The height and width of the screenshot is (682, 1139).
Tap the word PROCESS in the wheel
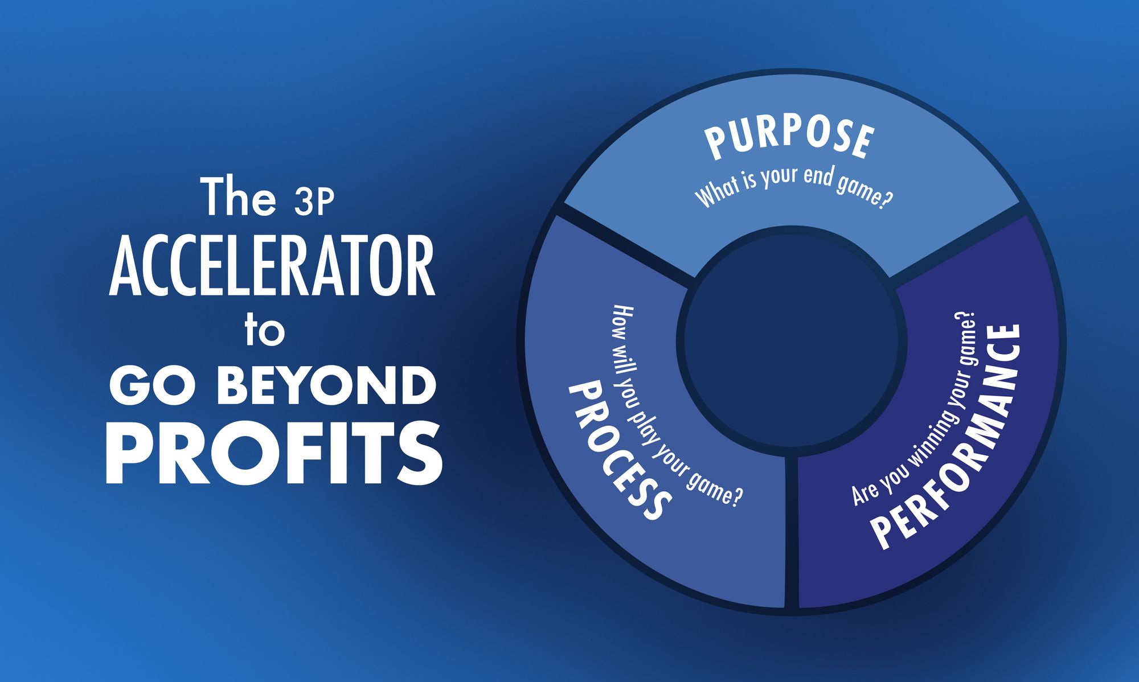coord(618,450)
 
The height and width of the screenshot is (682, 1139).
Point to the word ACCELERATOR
coord(272,267)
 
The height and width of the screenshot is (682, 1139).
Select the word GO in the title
coord(153,385)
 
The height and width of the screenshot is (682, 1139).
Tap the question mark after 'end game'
coord(884,200)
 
